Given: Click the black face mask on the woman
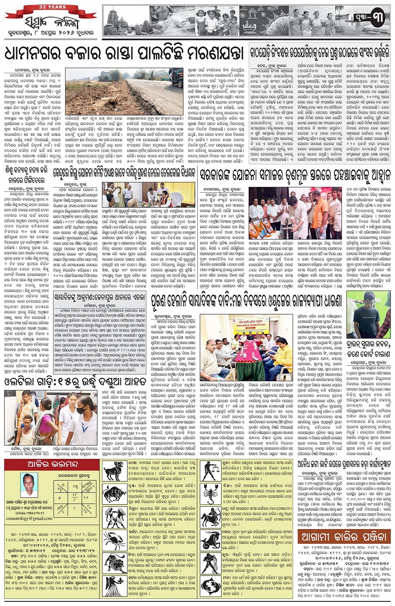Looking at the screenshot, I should (81, 411).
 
